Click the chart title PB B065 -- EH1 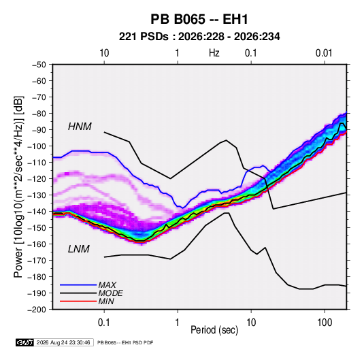pos(199,19)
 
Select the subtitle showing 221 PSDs pos(199,37)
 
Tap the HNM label pos(80,127)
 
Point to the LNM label pos(79,249)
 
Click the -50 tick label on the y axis pos(39,65)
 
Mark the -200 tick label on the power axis pos(37,310)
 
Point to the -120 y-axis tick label pos(37,179)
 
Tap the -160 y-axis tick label pos(37,244)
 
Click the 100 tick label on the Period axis pos(325,322)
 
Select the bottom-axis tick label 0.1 pos(104,322)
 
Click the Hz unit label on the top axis pos(214,53)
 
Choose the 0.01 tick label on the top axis pos(324,53)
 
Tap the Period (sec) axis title pos(214,330)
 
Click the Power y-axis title pos(18,186)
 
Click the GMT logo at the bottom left pos(24,342)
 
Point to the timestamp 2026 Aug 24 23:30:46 pos(63,342)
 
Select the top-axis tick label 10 pos(104,53)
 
